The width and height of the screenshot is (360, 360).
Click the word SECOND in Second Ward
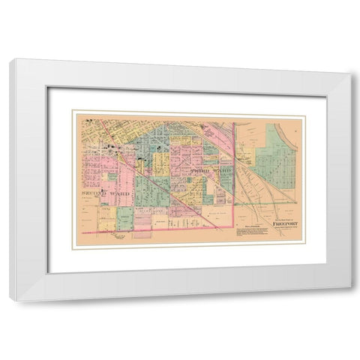(91, 193)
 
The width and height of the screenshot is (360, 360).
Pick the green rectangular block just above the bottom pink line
(124, 218)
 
